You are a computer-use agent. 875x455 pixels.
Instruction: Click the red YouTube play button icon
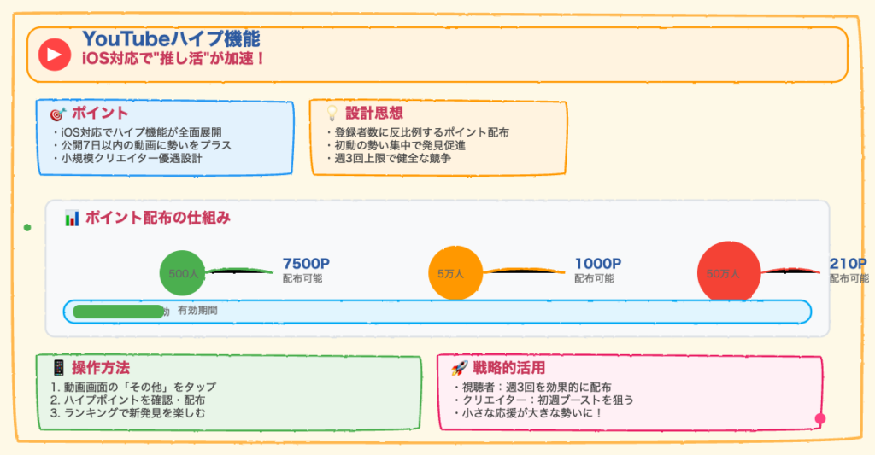coord(54,55)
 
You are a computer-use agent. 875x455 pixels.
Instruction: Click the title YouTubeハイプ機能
coord(171,38)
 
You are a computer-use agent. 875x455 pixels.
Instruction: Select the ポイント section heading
coord(100,113)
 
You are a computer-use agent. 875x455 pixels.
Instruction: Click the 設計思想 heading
coord(374,113)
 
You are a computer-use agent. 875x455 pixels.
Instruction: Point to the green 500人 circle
coord(183,273)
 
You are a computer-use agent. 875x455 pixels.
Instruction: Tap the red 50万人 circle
coord(729,273)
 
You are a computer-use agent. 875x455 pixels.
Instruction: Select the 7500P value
coord(306,264)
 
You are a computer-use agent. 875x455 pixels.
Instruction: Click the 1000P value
coord(597,264)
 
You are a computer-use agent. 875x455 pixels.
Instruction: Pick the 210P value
coord(848,264)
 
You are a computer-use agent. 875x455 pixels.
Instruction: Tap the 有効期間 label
coord(197,311)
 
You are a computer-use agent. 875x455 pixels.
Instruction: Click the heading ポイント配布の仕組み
coord(157,218)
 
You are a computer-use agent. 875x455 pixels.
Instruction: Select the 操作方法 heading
coord(100,368)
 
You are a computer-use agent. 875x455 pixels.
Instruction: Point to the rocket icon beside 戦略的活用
coord(459,368)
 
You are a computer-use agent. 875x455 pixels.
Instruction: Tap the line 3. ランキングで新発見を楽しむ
coord(127,412)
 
